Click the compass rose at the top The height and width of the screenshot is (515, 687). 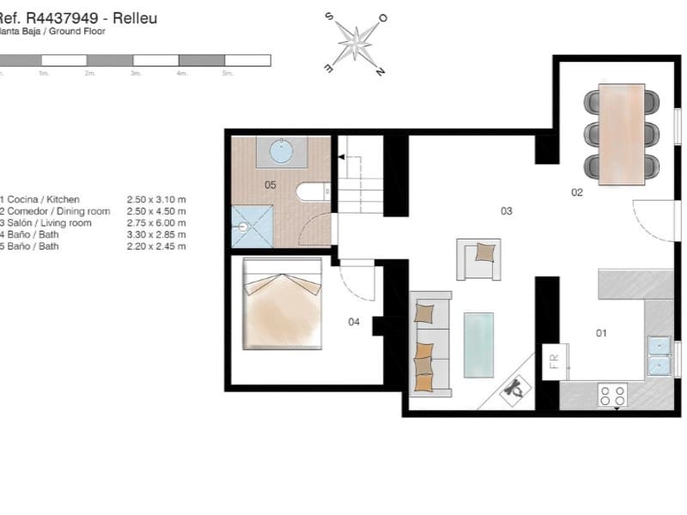(355, 43)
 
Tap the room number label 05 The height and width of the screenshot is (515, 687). (270, 185)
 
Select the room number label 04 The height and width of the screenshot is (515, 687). (353, 323)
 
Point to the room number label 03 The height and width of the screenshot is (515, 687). (507, 210)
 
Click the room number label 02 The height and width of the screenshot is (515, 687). (577, 192)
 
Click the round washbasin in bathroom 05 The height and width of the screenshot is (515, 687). (283, 152)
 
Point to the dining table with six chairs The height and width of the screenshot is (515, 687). (622, 133)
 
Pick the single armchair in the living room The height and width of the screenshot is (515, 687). (478, 258)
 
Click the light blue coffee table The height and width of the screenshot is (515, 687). (478, 344)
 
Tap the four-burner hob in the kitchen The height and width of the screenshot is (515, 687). (612, 395)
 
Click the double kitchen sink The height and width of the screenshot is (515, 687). (659, 355)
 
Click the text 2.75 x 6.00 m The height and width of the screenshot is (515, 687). (155, 223)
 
